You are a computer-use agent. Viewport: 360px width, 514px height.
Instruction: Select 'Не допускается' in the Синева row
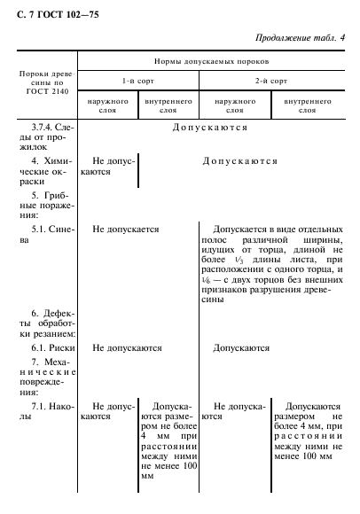[x=125, y=229]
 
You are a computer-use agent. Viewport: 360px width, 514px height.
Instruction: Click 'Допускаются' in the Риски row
[x=241, y=348]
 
